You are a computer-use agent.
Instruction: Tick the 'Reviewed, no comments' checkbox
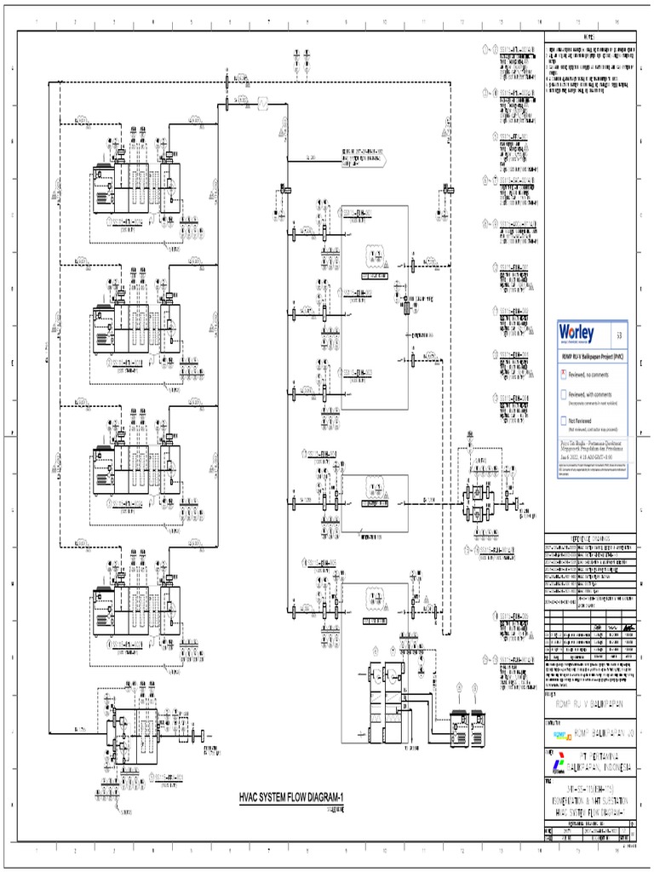[563, 373]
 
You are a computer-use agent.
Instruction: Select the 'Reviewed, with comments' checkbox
[563, 394]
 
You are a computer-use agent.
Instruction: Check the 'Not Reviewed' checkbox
[563, 420]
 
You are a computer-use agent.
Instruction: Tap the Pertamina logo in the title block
[557, 760]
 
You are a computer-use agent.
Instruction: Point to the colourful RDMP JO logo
[559, 730]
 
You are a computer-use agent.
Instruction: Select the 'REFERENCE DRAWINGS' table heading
[589, 538]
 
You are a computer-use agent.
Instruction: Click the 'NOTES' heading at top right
[590, 37]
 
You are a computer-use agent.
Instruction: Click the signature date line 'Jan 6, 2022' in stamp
[588, 456]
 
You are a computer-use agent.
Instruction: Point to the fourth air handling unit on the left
[136, 609]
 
